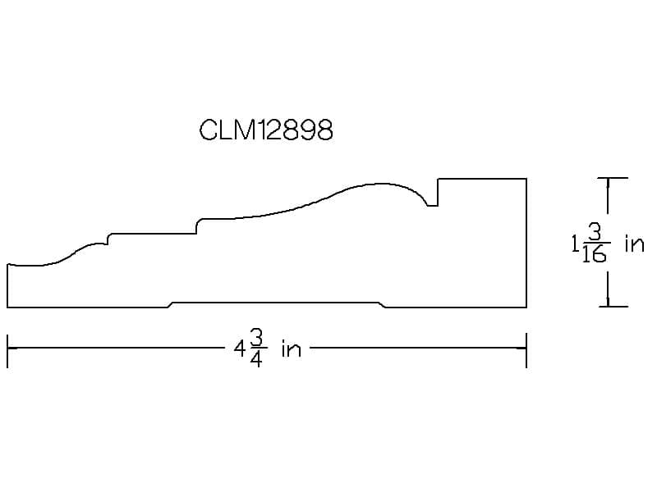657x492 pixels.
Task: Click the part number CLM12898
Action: (x=266, y=130)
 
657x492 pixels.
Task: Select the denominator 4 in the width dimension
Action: (x=256, y=359)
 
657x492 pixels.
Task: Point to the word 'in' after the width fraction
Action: (x=292, y=349)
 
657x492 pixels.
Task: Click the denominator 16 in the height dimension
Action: (x=594, y=254)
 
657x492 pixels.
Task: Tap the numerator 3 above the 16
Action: (x=595, y=232)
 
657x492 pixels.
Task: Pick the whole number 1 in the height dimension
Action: (x=575, y=244)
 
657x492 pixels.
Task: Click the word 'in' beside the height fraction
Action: (x=634, y=244)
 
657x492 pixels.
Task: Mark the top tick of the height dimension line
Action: (x=613, y=178)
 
